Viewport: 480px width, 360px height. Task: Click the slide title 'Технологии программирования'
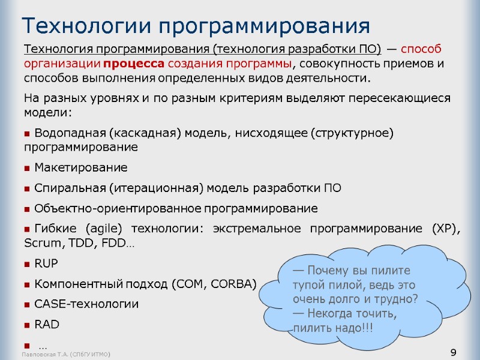(x=196, y=26)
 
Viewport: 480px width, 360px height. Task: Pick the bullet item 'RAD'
(x=47, y=324)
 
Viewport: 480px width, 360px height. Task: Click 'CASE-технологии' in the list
(x=86, y=304)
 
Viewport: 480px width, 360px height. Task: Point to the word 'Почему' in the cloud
(x=328, y=270)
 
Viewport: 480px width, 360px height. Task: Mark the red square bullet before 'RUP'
(x=27, y=264)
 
